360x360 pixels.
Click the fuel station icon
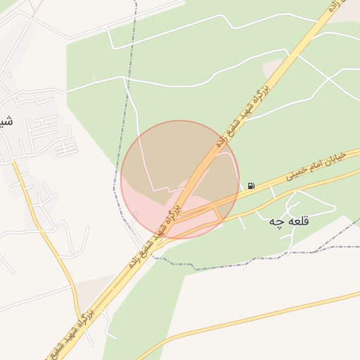(x=251, y=186)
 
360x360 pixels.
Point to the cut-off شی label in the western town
(x=5, y=121)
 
